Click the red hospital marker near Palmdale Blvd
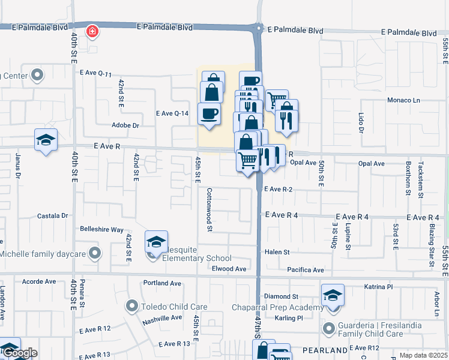(x=92, y=31)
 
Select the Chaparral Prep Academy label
(x=278, y=308)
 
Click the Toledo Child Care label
(x=174, y=307)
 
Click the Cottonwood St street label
(x=210, y=210)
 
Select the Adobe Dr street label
(x=125, y=126)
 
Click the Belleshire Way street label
(x=101, y=229)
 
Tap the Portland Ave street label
(x=162, y=283)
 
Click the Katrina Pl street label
(x=378, y=287)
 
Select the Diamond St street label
(x=282, y=296)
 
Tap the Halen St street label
(x=277, y=253)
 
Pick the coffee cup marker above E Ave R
(x=209, y=113)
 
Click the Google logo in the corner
(x=19, y=353)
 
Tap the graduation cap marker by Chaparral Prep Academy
(x=333, y=295)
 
